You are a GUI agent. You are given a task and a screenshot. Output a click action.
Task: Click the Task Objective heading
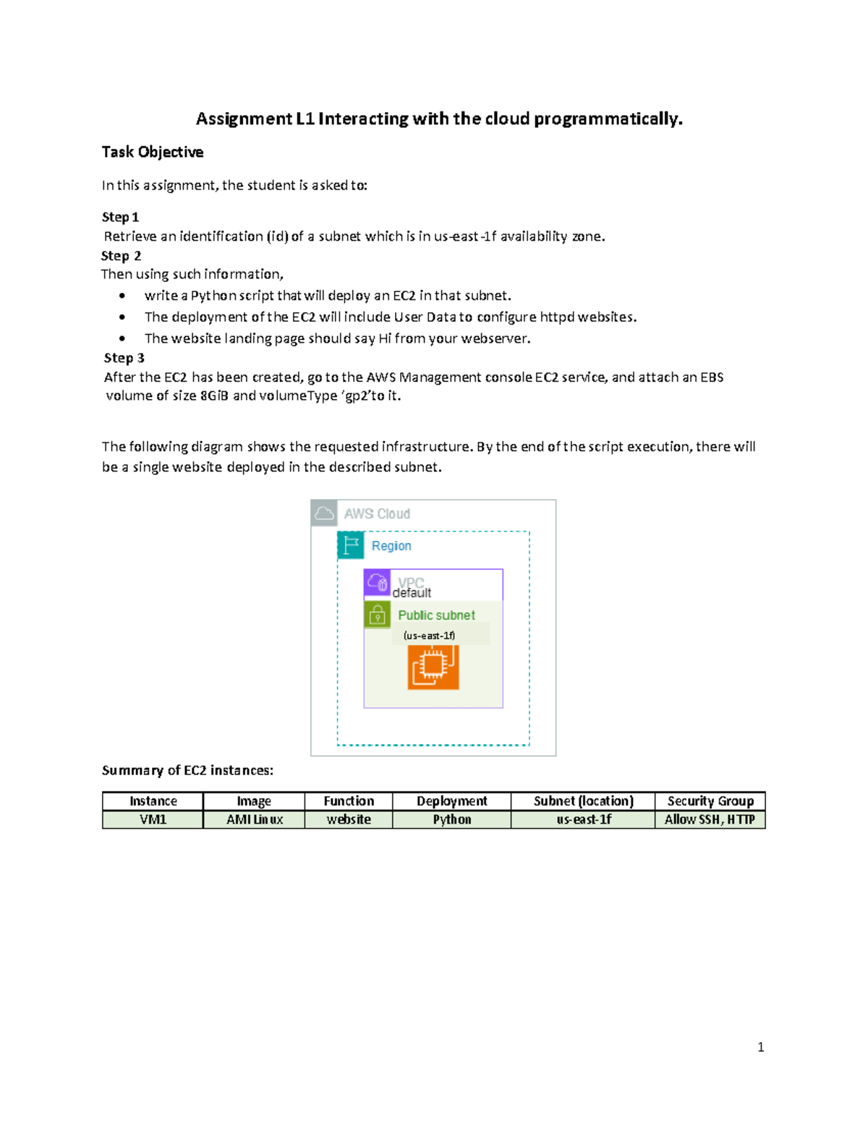pyautogui.click(x=152, y=152)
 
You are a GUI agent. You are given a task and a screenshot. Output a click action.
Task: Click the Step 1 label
pyautogui.click(x=120, y=217)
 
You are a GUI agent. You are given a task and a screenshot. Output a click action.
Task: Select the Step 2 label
pyautogui.click(x=121, y=256)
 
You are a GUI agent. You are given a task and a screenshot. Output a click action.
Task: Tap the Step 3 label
pyautogui.click(x=124, y=358)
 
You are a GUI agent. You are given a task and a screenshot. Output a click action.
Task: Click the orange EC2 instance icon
pyautogui.click(x=433, y=667)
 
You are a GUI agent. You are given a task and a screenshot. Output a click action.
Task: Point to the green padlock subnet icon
pyautogui.click(x=377, y=615)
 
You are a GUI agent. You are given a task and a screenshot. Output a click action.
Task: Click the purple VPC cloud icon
pyautogui.click(x=377, y=582)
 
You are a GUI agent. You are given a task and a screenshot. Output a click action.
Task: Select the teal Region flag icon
pyautogui.click(x=351, y=545)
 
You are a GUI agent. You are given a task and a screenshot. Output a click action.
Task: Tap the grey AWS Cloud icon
pyautogui.click(x=324, y=513)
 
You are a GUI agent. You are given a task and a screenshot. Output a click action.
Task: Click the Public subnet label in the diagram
pyautogui.click(x=436, y=615)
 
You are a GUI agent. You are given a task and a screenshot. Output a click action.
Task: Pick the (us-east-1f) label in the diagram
pyautogui.click(x=429, y=636)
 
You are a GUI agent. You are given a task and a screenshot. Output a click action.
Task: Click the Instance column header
pyautogui.click(x=153, y=801)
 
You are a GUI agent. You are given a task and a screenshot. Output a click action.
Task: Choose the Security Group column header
pyautogui.click(x=710, y=801)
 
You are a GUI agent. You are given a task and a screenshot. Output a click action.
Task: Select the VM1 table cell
pyautogui.click(x=153, y=819)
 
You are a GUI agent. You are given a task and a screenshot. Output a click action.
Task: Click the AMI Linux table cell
pyautogui.click(x=254, y=819)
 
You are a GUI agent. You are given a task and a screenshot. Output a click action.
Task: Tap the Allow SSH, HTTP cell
pyautogui.click(x=710, y=819)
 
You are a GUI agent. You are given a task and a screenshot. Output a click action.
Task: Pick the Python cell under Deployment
pyautogui.click(x=451, y=819)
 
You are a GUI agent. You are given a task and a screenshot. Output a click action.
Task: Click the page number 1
pyautogui.click(x=760, y=1047)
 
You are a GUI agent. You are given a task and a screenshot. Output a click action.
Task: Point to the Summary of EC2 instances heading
pyautogui.click(x=187, y=770)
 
